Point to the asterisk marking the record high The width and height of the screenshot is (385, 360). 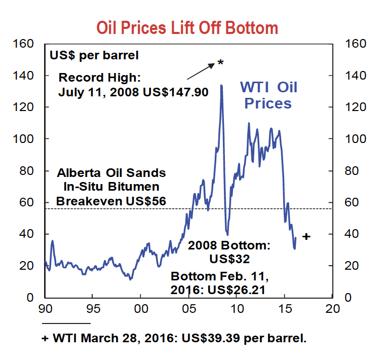[220, 63]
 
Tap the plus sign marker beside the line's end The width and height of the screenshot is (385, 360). [305, 236]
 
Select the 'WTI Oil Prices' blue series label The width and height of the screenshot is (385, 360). [268, 95]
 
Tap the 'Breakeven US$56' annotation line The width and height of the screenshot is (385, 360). [111, 201]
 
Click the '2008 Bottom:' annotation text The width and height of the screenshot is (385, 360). [229, 246]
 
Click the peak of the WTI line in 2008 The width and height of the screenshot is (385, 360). [221, 86]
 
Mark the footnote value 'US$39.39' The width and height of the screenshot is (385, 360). [211, 338]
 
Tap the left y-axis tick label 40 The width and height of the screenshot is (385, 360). [28, 234]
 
